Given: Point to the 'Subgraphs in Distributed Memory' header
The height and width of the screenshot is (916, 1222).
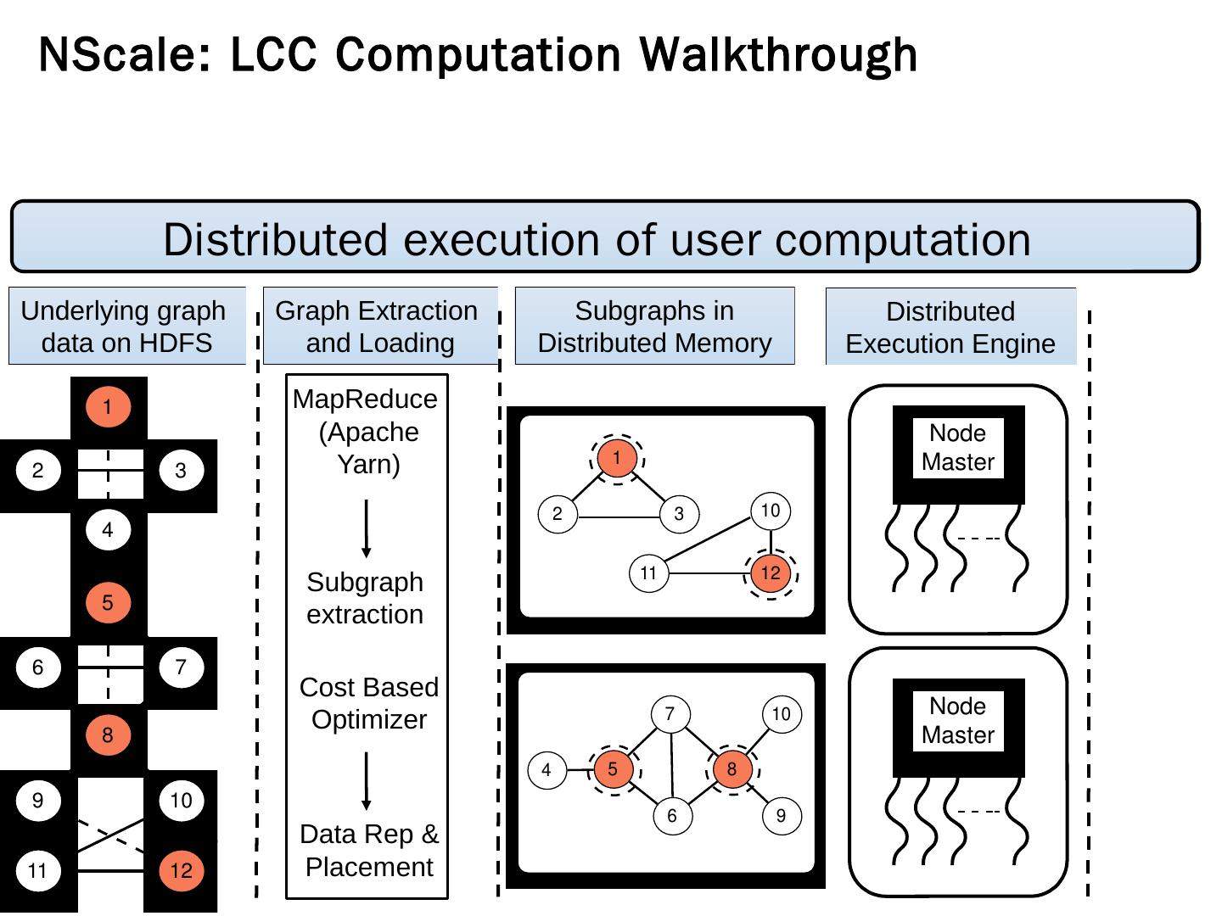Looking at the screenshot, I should (654, 327).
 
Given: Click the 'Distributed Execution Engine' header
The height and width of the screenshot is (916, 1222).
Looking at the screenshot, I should (950, 327).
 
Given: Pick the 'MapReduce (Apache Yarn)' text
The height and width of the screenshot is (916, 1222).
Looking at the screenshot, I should (367, 432).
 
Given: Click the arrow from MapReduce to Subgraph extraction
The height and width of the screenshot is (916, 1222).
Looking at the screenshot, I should (367, 528).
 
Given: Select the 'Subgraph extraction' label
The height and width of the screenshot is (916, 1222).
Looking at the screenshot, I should (365, 598).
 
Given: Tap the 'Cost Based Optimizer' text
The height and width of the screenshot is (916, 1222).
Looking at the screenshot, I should (368, 703).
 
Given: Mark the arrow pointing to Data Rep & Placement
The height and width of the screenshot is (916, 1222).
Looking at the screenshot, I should (367, 781).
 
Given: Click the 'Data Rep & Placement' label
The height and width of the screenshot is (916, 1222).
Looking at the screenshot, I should (369, 851).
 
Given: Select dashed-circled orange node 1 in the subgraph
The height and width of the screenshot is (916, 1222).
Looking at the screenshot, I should (617, 458).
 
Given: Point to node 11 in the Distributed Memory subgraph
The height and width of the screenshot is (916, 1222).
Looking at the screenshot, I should (648, 573).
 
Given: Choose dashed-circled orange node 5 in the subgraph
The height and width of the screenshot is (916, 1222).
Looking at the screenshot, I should (613, 770).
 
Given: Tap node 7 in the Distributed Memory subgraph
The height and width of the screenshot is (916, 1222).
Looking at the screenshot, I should (670, 714).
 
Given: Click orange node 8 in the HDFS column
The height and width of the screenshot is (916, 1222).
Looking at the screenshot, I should (108, 735).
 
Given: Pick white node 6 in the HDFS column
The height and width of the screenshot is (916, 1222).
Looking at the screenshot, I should (38, 667).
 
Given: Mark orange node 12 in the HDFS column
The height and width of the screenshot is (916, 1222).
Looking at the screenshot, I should (181, 870).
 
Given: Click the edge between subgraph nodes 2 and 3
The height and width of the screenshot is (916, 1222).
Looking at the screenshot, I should (618, 514).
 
